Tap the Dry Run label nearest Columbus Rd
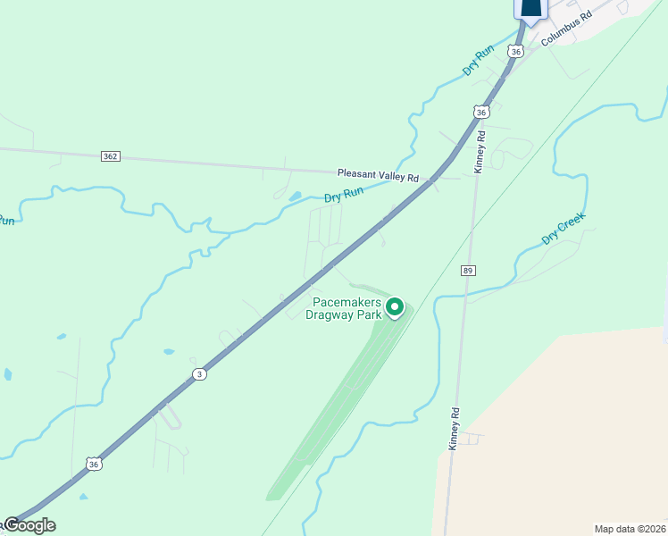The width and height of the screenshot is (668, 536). click(x=479, y=60)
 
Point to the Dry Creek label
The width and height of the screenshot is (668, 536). click(x=564, y=229)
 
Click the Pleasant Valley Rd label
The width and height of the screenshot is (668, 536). click(x=378, y=176)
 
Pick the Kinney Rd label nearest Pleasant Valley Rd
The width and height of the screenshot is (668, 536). click(x=480, y=151)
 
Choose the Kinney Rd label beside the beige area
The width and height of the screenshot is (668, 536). click(x=455, y=429)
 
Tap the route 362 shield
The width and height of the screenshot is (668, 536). click(x=110, y=156)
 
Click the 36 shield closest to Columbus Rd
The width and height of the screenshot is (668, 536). click(x=515, y=52)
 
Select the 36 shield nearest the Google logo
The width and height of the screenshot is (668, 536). click(x=95, y=464)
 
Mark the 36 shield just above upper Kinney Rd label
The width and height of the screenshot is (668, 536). click(x=481, y=113)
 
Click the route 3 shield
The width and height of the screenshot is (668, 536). click(x=199, y=374)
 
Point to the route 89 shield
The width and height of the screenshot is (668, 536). click(x=468, y=270)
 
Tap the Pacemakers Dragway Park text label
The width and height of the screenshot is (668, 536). click(x=344, y=308)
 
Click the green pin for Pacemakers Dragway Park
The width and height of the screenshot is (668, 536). click(x=395, y=307)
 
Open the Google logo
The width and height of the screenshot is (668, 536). click(x=29, y=525)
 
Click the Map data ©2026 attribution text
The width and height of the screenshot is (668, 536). click(x=629, y=529)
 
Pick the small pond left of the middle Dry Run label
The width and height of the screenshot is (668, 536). click(x=295, y=197)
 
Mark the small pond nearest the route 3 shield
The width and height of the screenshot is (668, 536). click(x=169, y=352)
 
